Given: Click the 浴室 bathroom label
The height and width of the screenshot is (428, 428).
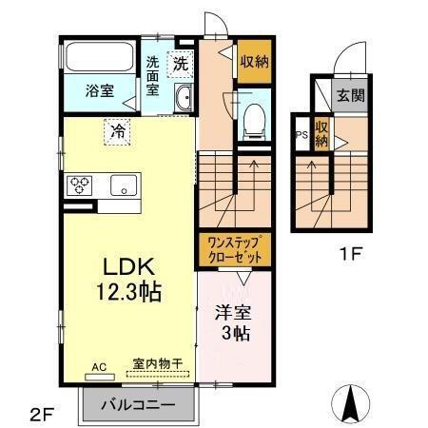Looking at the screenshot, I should (99, 91).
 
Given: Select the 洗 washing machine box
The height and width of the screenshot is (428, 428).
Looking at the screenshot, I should (181, 65).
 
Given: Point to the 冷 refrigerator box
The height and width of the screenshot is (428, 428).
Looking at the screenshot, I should (117, 130).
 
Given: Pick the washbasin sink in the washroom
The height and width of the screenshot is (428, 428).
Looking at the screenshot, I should (184, 96).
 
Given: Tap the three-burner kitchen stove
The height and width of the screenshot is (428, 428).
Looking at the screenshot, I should (79, 185).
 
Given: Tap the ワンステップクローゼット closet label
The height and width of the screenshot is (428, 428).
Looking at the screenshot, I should (234, 249).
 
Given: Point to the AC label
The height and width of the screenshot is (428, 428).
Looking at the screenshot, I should (99, 365).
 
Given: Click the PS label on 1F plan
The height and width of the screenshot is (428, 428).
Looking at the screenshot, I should (300, 134).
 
